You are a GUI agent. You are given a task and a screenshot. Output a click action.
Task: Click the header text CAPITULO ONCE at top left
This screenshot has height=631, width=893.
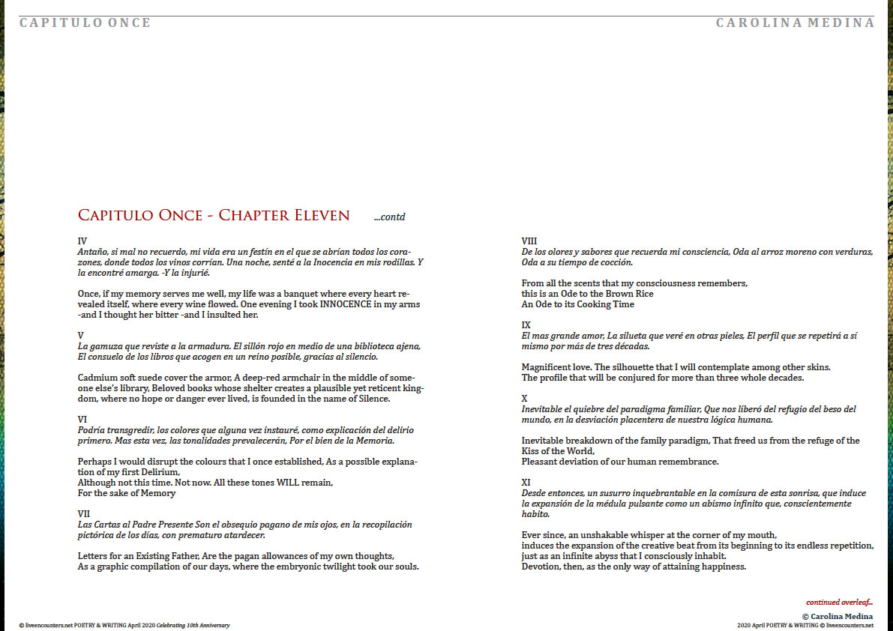pyautogui.click(x=85, y=22)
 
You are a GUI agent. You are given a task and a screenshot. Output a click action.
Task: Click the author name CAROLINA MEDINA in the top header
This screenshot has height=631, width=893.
pyautogui.click(x=795, y=22)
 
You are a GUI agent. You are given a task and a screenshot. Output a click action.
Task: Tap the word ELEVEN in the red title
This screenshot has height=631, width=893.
pyautogui.click(x=318, y=216)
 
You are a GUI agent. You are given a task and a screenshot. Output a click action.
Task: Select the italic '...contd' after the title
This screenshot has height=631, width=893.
pyautogui.click(x=389, y=217)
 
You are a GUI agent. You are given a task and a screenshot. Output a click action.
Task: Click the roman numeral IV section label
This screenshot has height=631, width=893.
pyautogui.click(x=82, y=241)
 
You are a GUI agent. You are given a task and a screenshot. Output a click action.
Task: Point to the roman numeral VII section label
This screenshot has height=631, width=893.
pyautogui.click(x=84, y=513)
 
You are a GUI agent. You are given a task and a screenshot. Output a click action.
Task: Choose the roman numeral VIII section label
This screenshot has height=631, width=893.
pyautogui.click(x=529, y=241)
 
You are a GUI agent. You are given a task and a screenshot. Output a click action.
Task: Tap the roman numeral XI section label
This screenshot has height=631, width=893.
pyautogui.click(x=527, y=483)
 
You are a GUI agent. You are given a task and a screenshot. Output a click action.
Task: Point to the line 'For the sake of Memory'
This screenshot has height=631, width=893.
pyautogui.click(x=127, y=493)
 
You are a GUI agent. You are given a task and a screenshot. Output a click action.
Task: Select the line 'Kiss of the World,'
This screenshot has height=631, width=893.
pyautogui.click(x=558, y=451)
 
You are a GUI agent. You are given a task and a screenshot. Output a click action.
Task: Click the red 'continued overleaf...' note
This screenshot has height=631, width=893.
pyautogui.click(x=839, y=602)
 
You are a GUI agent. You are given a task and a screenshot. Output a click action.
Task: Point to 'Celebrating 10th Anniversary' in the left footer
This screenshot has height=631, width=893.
pyautogui.click(x=193, y=625)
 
